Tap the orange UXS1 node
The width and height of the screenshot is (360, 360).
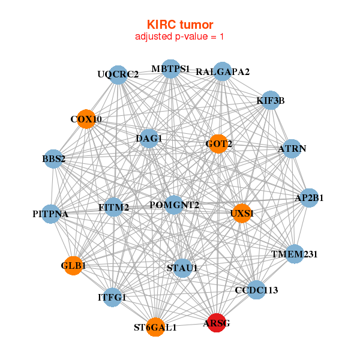coord(241,214)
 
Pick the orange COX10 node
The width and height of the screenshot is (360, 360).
coord(86,119)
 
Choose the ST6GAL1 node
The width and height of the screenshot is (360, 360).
coord(155,327)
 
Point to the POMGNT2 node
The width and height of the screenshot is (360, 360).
coord(174,205)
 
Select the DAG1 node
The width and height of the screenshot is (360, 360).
coord(149,139)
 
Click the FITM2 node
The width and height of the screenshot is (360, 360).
coord(114,208)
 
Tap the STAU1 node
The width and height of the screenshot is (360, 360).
coord(182,268)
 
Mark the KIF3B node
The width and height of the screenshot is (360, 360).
coord(271,100)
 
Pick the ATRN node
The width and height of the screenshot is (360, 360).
coord(292,148)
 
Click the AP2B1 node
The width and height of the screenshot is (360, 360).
coord(308,197)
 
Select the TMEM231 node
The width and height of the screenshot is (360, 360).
coord(294,254)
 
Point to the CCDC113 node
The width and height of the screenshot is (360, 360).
coord(256,290)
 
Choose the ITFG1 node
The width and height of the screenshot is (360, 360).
coord(112,297)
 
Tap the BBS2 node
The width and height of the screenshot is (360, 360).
coord(54,159)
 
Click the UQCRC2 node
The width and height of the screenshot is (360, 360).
coord(118,74)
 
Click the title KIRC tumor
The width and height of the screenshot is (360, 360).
coord(180,25)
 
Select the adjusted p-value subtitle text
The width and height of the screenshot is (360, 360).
coord(180,37)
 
